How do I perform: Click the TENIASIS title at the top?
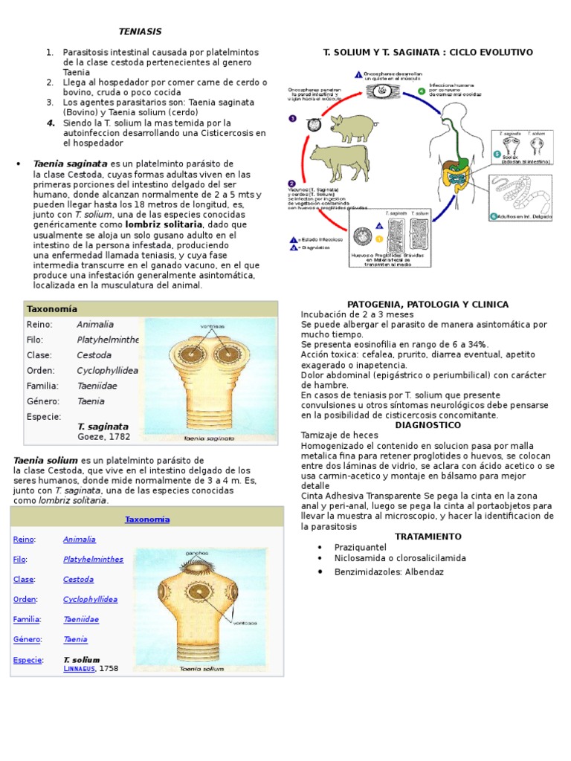(140, 31)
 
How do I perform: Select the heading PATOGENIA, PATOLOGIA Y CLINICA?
(428, 304)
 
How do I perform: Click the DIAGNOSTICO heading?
(428, 425)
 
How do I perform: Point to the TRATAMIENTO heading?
(428, 536)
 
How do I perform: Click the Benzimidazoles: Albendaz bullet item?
(378, 572)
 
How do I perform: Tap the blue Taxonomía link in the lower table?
(146, 519)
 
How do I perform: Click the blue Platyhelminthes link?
(93, 559)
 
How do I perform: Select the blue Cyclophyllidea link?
(90, 599)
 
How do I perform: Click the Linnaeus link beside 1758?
(79, 669)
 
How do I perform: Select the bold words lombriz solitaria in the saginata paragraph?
(164, 224)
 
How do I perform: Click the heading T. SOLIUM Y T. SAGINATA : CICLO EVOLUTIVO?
(428, 53)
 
